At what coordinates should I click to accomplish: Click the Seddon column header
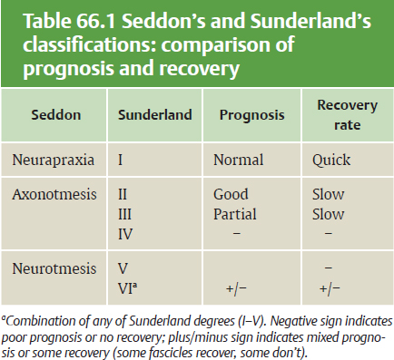click(x=56, y=115)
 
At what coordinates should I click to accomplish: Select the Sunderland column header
click(x=155, y=115)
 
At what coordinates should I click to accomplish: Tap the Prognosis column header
click(x=252, y=115)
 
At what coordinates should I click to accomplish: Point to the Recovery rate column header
click(x=348, y=115)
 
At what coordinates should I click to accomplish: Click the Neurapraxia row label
click(x=54, y=160)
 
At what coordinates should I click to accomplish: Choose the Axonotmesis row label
click(x=54, y=194)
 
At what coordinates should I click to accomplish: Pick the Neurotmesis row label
click(x=54, y=268)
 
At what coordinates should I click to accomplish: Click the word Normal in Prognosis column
click(x=239, y=160)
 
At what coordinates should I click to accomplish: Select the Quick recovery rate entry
click(x=331, y=161)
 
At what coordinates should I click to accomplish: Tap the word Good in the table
click(x=231, y=194)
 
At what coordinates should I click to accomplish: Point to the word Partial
click(x=235, y=214)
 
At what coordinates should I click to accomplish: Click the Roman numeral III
click(x=124, y=214)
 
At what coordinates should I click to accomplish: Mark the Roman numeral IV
click(x=125, y=234)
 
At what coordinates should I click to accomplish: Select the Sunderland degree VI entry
click(x=127, y=288)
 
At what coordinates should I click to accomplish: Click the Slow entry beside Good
click(x=329, y=194)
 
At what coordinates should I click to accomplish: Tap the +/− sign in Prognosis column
click(x=236, y=288)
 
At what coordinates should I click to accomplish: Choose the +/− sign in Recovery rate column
click(x=330, y=288)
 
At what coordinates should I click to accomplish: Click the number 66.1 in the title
click(x=95, y=22)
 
